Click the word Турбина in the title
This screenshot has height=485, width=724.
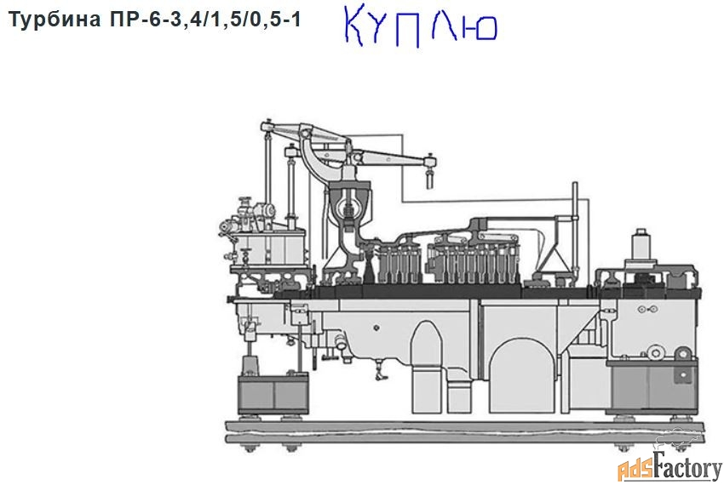tap(55, 20)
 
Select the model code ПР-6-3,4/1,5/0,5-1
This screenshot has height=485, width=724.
tap(205, 19)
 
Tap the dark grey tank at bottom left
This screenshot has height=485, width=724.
tap(273, 394)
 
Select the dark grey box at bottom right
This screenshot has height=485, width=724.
tap(653, 386)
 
